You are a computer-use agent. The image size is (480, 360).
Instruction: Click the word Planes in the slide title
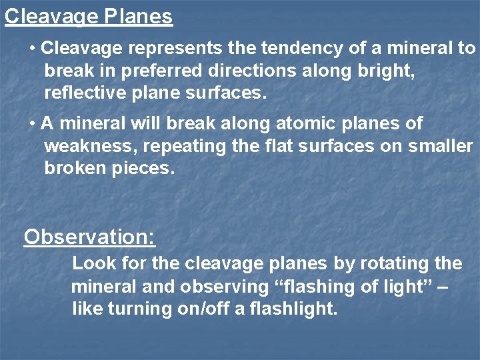(x=138, y=16)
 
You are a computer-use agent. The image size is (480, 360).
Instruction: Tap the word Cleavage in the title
(x=51, y=16)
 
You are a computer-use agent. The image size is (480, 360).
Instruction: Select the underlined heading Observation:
(x=89, y=237)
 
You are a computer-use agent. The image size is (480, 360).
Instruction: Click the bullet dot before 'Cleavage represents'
(x=33, y=49)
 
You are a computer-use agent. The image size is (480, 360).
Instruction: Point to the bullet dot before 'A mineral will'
(x=33, y=124)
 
